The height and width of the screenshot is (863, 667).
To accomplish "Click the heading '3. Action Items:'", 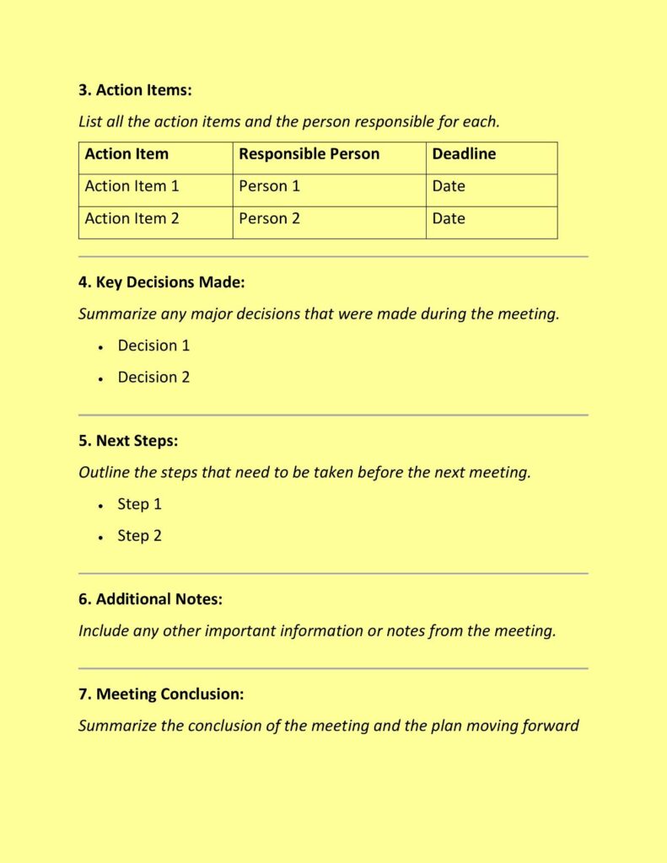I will pyautogui.click(x=141, y=90).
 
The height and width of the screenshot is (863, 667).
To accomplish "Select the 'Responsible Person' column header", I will pyautogui.click(x=309, y=154).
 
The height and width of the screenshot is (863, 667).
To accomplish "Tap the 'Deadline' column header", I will pyautogui.click(x=464, y=154).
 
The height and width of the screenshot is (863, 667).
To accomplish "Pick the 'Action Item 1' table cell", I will pyautogui.click(x=132, y=186).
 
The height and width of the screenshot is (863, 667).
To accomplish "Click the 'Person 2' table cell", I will pyautogui.click(x=269, y=218).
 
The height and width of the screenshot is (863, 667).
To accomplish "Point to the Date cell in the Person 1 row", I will pyautogui.click(x=449, y=186).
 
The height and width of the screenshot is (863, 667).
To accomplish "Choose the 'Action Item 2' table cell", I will pyautogui.click(x=132, y=218).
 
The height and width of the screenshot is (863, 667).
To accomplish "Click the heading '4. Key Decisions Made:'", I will pyautogui.click(x=161, y=282).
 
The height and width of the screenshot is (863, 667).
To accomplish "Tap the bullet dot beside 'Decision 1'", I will pyautogui.click(x=100, y=347).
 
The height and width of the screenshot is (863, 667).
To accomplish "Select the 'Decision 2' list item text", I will pyautogui.click(x=153, y=378).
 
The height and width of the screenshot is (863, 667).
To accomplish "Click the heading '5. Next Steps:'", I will pyautogui.click(x=128, y=441).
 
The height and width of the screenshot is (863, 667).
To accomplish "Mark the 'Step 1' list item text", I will pyautogui.click(x=139, y=504).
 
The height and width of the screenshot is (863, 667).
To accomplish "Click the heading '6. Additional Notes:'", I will pyautogui.click(x=150, y=599).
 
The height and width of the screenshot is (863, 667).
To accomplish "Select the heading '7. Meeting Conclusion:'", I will pyautogui.click(x=161, y=694).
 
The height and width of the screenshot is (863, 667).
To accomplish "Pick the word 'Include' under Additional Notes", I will pyautogui.click(x=104, y=631).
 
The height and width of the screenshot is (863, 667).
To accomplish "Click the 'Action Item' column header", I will pyautogui.click(x=126, y=154).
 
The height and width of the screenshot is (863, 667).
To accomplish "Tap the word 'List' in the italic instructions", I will pyautogui.click(x=90, y=122).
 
